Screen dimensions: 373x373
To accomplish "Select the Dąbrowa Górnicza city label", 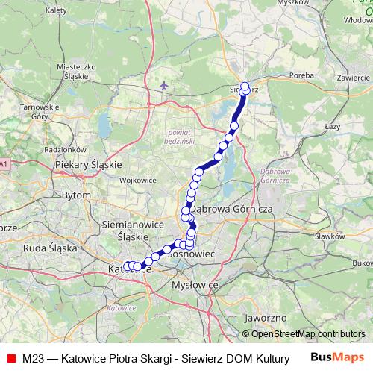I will coord(233,210).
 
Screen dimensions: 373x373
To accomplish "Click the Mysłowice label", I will coord(193,285).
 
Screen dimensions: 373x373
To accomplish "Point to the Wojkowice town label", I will coord(137,180).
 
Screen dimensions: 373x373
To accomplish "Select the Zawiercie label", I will coord(354,78).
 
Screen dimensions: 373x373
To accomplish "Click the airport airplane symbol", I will coord(164,85).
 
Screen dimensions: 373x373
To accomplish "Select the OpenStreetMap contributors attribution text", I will coord(307,334).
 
